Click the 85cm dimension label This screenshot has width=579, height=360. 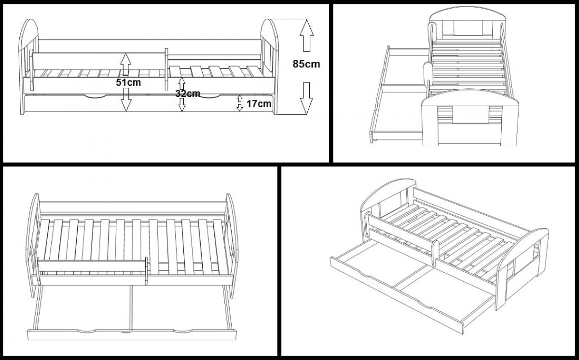306,64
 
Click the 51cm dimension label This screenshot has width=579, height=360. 128,82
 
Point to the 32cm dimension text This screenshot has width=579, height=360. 187,94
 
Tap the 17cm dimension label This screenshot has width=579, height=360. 258,103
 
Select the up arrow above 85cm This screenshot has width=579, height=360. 306,36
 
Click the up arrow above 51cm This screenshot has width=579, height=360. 125,62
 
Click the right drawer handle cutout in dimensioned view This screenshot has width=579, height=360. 210,95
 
